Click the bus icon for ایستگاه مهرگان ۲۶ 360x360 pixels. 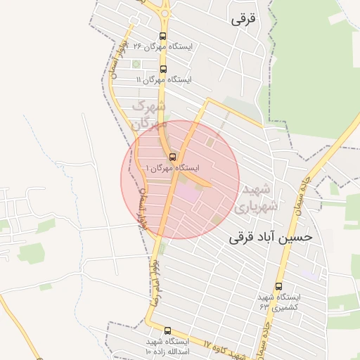click(163, 37)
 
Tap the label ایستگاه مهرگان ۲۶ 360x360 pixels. click(162, 47)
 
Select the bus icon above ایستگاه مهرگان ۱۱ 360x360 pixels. click(164, 69)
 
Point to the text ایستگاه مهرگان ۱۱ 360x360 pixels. click(164, 79)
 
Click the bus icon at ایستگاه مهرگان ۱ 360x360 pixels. click(172, 157)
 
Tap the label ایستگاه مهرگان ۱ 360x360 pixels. click(172, 169)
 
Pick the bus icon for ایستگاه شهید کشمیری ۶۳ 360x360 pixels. click(279, 286)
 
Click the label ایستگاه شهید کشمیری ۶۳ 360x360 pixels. click(279, 302)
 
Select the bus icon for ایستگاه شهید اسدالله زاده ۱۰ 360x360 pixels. click(167, 330)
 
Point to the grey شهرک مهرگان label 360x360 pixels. click(149, 115)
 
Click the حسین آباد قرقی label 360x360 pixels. click(270, 238)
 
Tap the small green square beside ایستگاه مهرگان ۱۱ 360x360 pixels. click(136, 65)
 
